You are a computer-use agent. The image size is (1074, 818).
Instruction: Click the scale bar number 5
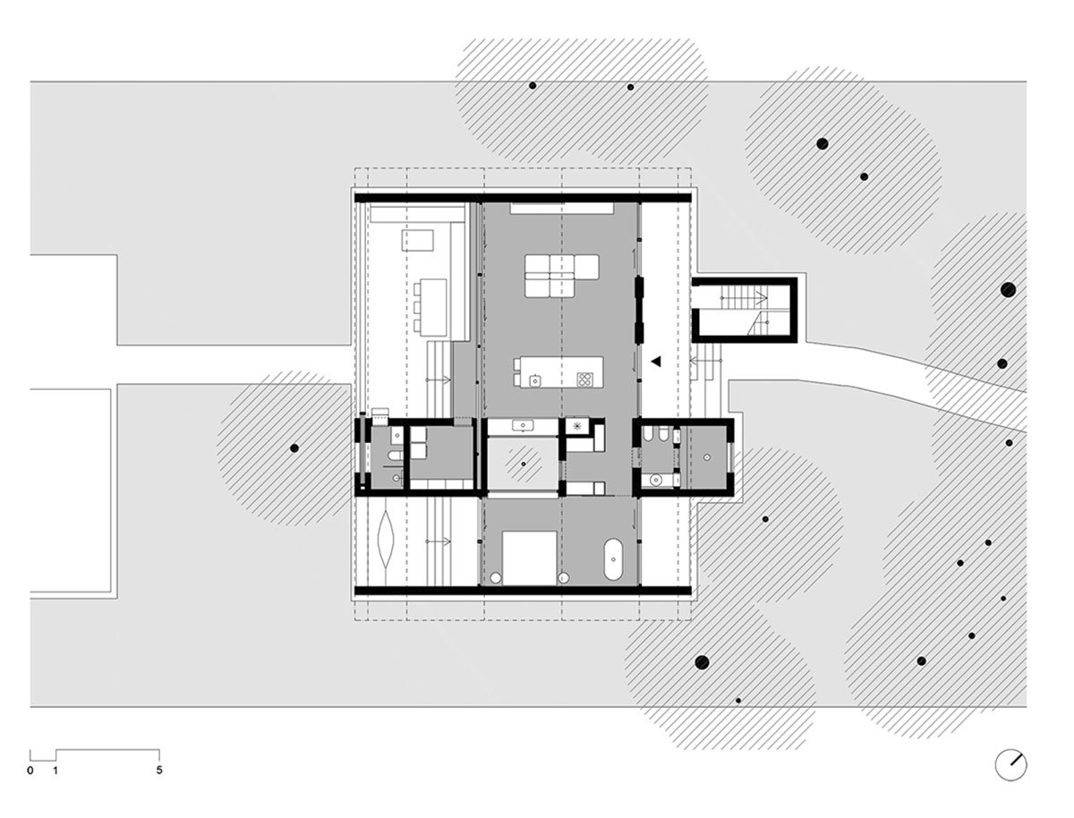coord(158,770)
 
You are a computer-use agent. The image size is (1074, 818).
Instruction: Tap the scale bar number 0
coord(30,771)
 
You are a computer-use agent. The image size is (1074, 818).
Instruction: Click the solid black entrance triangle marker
coord(656,362)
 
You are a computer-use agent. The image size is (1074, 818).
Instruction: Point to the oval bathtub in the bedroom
coord(613,559)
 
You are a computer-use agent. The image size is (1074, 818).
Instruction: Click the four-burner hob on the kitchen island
coord(584,379)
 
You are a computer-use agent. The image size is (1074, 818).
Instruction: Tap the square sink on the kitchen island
coord(535,379)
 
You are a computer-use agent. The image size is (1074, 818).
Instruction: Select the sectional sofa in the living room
coord(561,276)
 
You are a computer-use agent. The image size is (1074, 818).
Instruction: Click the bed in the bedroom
coord(529,558)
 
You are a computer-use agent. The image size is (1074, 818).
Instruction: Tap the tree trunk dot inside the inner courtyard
coord(523,464)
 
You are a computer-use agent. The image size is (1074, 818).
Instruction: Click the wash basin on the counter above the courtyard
coord(522,426)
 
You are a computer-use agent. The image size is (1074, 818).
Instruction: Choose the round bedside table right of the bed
coord(564,578)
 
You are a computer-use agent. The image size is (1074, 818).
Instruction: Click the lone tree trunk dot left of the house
coord(294,447)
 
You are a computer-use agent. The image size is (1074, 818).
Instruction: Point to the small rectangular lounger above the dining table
coord(417,240)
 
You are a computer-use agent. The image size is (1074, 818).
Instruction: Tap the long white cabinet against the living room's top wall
coord(561,209)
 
